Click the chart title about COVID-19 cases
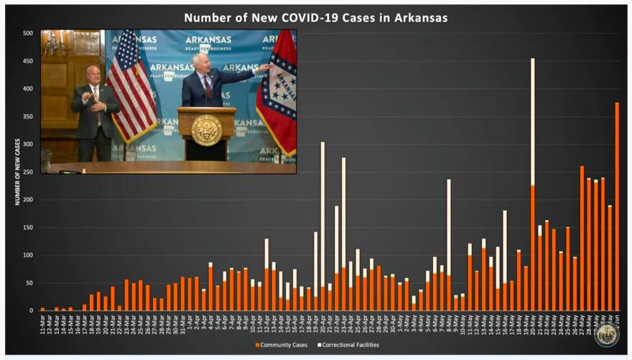(316, 17)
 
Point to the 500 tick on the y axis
(27, 33)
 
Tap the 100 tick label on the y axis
(27, 255)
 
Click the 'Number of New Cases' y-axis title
(17, 172)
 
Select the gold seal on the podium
(207, 130)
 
